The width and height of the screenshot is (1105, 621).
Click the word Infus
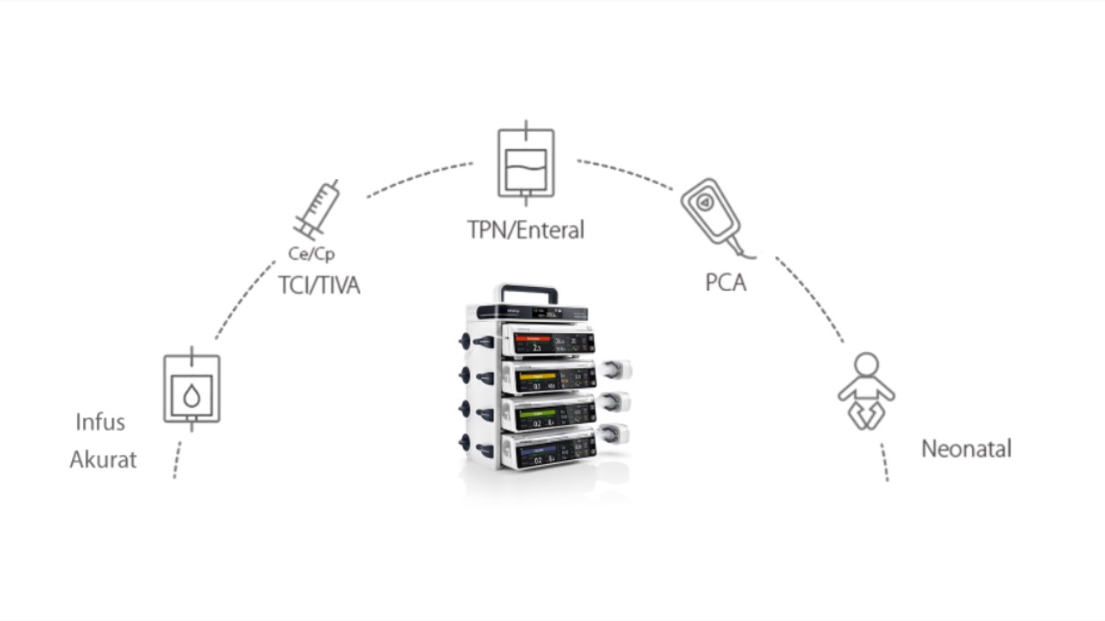tap(100, 422)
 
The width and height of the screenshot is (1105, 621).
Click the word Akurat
tap(103, 460)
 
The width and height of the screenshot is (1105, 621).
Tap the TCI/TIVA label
tap(319, 285)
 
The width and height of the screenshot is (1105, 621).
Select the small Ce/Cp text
tap(311, 254)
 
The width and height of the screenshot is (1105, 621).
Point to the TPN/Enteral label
tap(525, 230)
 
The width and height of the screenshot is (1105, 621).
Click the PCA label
tap(726, 282)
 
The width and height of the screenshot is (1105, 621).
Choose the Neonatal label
tap(965, 448)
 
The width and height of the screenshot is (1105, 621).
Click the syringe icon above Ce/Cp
tap(317, 210)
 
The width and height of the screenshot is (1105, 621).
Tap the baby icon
tap(866, 391)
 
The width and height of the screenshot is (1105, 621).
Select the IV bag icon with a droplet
tap(191, 389)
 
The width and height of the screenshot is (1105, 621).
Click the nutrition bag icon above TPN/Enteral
tap(526, 162)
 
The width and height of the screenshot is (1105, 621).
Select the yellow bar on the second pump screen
tap(538, 376)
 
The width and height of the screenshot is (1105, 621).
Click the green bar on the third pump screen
tap(537, 413)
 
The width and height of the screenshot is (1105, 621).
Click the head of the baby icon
tap(866, 364)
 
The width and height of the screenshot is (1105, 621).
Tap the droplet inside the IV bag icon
tap(191, 396)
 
